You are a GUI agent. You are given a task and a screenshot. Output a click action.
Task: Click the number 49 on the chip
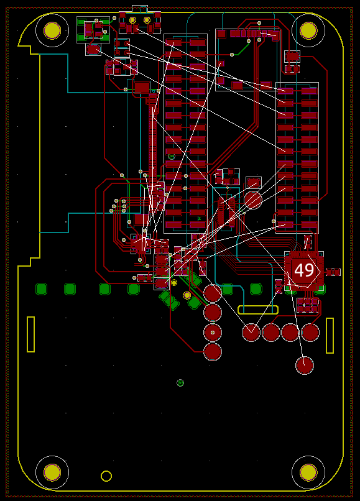point(303,270)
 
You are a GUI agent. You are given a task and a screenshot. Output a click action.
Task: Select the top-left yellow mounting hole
point(52,30)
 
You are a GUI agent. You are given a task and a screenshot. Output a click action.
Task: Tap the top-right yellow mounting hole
point(308,30)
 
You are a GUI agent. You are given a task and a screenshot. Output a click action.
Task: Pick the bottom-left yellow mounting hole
point(52,472)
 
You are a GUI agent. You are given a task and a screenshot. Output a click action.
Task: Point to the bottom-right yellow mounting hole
point(308,472)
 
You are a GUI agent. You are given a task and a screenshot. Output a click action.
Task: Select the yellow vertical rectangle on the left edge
point(30,334)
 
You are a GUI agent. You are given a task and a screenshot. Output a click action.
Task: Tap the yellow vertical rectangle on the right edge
point(330,336)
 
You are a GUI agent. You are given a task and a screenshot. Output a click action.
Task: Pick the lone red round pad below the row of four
point(305,365)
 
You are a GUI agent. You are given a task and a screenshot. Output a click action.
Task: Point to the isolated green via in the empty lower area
point(180,383)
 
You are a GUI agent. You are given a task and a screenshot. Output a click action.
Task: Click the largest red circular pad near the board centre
point(253,200)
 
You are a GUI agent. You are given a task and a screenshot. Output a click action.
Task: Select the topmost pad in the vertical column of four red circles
point(213,293)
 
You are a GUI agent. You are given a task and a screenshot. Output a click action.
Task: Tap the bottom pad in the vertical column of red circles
point(213,351)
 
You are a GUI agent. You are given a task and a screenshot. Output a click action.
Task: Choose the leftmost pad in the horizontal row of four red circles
point(251,333)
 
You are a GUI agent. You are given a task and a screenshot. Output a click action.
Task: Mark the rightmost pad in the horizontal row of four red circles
point(310,333)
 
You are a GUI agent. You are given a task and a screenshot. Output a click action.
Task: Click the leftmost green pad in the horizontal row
point(41,289)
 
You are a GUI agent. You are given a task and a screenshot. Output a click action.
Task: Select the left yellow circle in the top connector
point(132,20)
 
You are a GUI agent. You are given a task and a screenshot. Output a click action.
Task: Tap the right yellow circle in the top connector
point(147,20)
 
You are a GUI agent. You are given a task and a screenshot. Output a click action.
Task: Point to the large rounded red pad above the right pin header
point(292,57)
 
